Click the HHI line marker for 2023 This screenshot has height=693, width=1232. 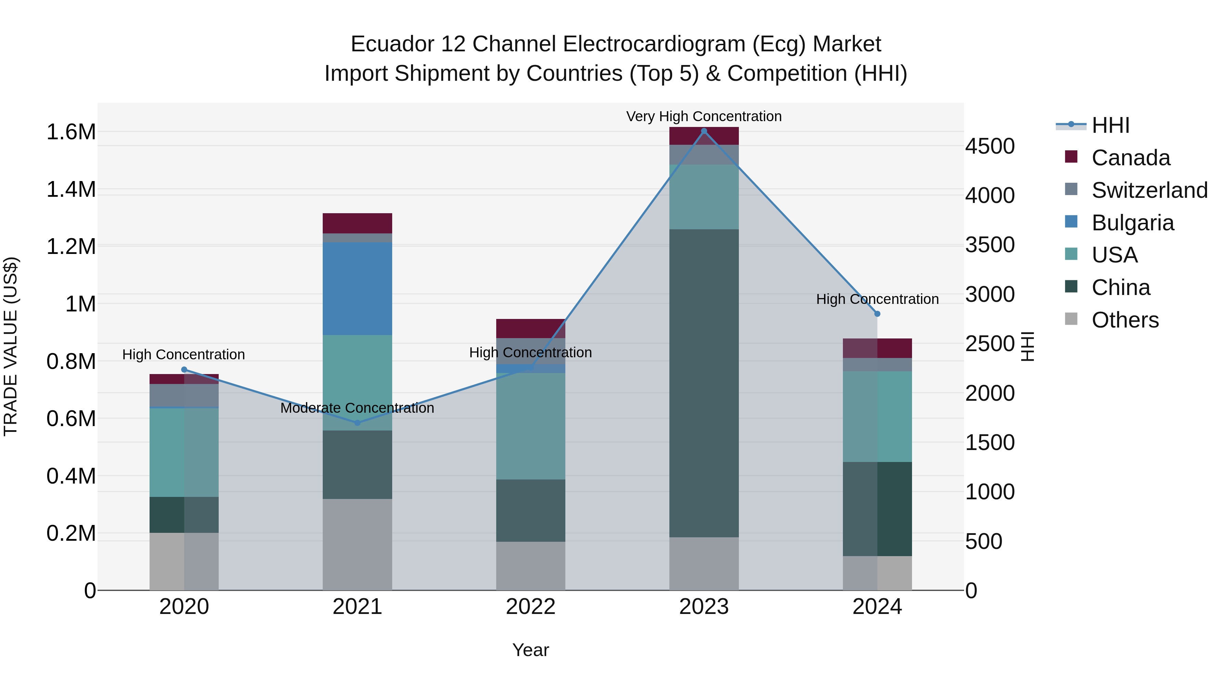[704, 131]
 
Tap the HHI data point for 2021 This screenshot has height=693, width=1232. [357, 423]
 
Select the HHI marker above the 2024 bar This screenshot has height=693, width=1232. [877, 314]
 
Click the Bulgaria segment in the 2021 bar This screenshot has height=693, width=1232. [357, 288]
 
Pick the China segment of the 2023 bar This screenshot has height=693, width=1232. [704, 383]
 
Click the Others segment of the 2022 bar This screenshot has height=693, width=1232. [530, 566]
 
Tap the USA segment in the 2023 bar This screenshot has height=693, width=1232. [704, 196]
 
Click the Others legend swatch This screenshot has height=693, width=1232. [1071, 319]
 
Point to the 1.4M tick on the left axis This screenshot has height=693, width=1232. [71, 189]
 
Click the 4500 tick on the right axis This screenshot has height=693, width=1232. [989, 146]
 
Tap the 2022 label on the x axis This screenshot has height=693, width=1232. [530, 607]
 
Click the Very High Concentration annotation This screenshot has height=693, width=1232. [704, 116]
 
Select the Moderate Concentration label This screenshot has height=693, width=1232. [357, 408]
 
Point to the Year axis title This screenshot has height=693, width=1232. [530, 650]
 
